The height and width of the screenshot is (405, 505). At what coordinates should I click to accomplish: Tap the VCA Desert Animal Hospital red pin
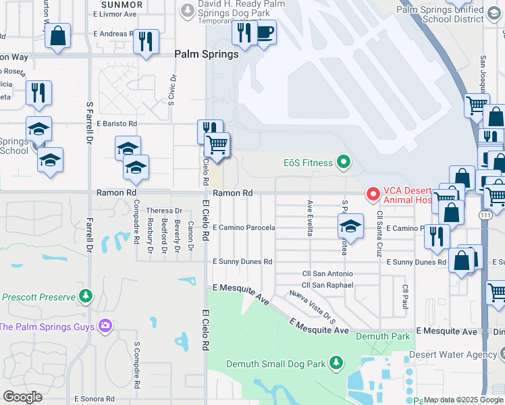tap(372, 194)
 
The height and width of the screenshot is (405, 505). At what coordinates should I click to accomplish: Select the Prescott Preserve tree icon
tap(86, 296)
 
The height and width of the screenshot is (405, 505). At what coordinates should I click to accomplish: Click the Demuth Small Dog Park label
tap(276, 364)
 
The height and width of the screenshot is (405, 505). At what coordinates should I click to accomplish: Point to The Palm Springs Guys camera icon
tap(105, 327)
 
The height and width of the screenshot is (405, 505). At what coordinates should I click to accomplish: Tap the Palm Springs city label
tap(207, 54)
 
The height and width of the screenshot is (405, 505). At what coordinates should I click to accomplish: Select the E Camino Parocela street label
tap(244, 228)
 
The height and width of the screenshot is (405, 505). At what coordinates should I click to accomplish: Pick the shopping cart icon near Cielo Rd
tap(217, 144)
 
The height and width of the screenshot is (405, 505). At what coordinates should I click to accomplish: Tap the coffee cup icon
tap(265, 31)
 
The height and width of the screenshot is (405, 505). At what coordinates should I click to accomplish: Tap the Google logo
tap(23, 397)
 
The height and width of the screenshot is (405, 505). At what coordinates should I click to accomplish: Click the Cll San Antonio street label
tap(327, 273)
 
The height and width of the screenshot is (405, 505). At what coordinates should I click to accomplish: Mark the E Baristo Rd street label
tap(116, 124)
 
